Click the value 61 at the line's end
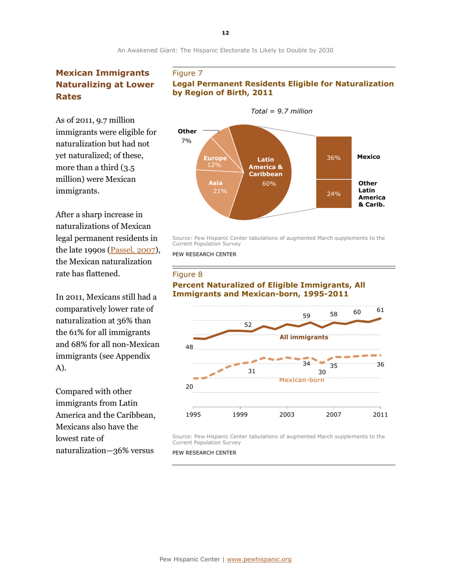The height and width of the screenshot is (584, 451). [x=380, y=310]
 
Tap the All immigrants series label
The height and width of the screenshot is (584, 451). [x=303, y=337]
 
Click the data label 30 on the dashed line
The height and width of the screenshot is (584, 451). [x=322, y=372]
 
